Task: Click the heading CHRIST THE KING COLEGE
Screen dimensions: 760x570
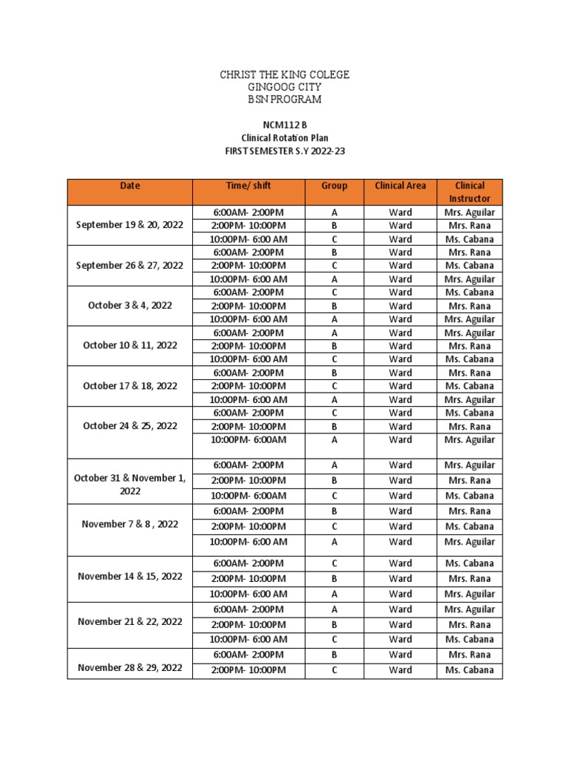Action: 284,75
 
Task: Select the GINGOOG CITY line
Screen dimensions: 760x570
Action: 284,87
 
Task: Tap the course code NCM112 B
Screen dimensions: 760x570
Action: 284,125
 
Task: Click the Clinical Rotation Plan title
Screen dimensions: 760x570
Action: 284,137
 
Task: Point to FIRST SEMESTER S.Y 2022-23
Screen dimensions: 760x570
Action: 284,150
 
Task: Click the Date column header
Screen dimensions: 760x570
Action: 130,186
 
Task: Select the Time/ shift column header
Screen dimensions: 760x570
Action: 249,186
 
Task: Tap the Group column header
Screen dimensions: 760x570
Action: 334,186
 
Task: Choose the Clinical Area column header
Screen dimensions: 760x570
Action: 400,186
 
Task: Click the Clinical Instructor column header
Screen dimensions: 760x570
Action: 469,192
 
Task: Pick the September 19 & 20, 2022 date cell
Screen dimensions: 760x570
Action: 130,226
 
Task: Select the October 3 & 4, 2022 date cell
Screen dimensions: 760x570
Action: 130,305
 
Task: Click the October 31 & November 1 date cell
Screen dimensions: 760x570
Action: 130,485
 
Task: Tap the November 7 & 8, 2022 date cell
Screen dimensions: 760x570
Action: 130,524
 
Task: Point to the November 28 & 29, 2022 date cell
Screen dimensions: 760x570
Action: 130,667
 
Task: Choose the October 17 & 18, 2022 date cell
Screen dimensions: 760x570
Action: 130,386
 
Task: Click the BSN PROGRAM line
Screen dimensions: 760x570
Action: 284,99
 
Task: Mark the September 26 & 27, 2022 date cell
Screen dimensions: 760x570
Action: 130,265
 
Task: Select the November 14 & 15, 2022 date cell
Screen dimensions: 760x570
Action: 130,576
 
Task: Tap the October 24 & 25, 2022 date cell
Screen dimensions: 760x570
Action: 130,426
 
